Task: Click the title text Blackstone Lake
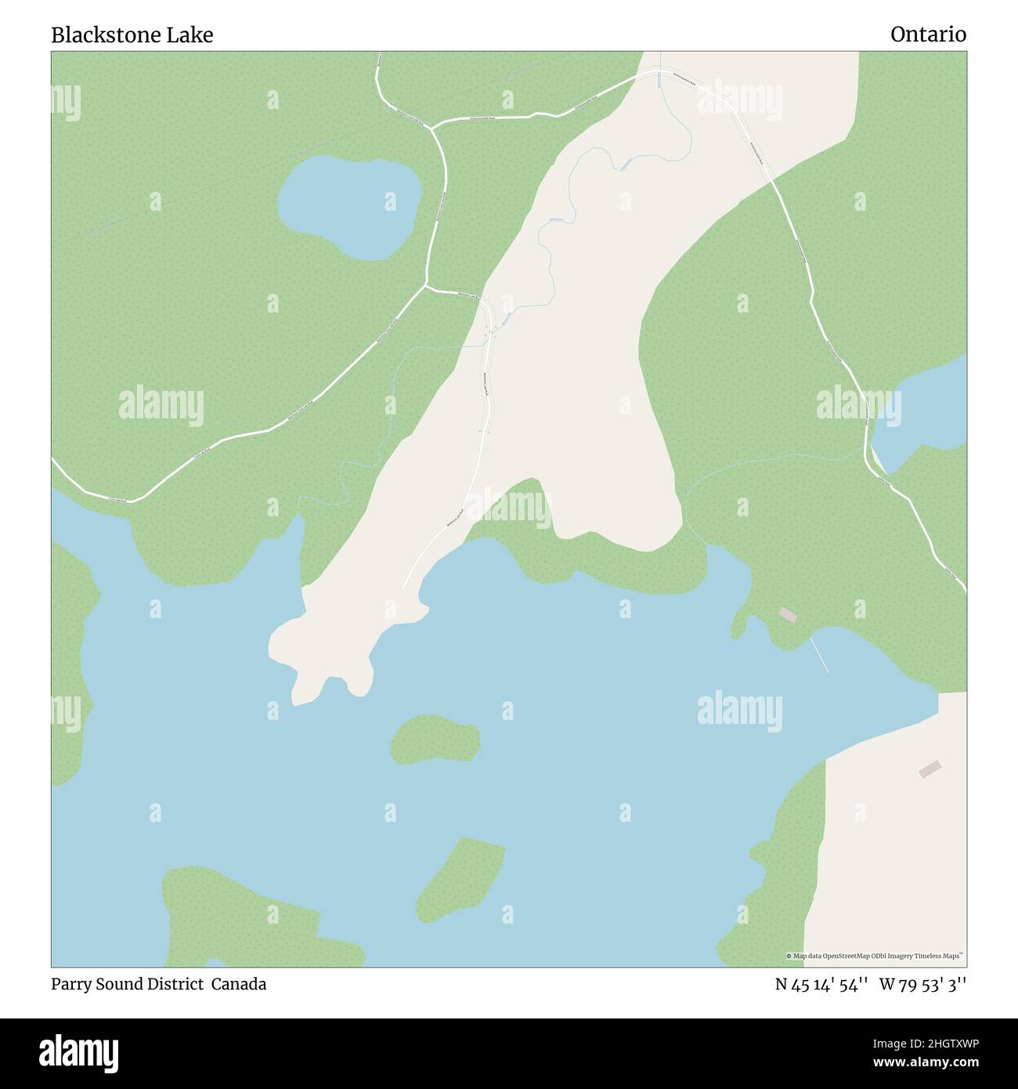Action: (x=132, y=35)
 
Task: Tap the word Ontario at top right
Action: (x=928, y=35)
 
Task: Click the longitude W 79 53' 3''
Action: (x=922, y=984)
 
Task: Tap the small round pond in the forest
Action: (x=349, y=206)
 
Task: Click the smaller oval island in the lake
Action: (x=435, y=739)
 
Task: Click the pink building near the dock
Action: (x=787, y=616)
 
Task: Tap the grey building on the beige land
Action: (x=930, y=769)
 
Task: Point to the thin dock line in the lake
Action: (x=819, y=654)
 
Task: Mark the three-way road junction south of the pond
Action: (x=427, y=284)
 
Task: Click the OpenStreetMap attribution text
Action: (x=875, y=956)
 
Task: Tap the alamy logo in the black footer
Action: (x=78, y=1052)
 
